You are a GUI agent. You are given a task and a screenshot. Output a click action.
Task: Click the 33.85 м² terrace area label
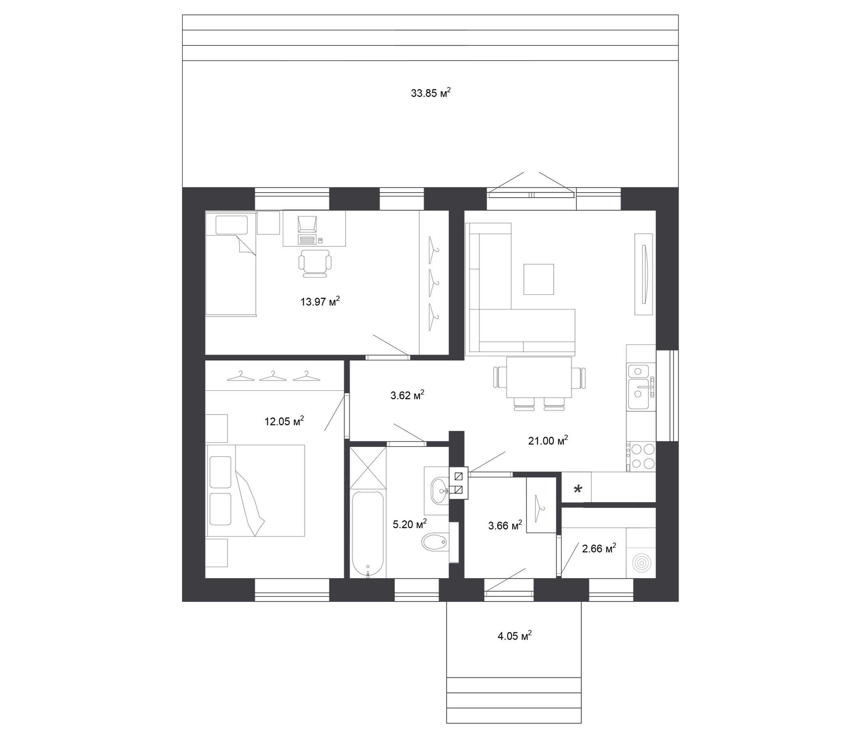coord(430,93)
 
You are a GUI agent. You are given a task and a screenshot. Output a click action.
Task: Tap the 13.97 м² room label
coord(320,301)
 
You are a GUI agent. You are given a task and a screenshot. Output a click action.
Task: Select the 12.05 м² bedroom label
coord(284,421)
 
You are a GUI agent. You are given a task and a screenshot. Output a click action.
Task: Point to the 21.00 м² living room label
coord(548,440)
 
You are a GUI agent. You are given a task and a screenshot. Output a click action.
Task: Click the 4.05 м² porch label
coord(515,636)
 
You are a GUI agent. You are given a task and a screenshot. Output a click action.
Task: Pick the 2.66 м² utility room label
coord(599,549)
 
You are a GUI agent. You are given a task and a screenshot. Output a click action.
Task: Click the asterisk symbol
coord(578,490)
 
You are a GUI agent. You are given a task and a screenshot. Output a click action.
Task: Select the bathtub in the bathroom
coord(368,535)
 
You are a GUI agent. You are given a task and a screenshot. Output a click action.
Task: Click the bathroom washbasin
coord(440,490)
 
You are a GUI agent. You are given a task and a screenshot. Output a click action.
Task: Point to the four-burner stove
coord(642,456)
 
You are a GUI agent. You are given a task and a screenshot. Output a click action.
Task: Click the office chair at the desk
coord(315,263)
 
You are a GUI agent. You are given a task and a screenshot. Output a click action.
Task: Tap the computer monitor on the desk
coord(307,224)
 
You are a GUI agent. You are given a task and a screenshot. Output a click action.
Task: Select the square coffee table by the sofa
coord(539,279)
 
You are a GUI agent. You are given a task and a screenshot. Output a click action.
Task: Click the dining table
coord(539,377)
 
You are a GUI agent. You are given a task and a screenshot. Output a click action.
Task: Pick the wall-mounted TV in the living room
coord(644,274)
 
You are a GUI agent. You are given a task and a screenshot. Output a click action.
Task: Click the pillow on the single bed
coord(232,225)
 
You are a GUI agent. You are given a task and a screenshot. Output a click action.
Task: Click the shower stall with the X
coord(368,468)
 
